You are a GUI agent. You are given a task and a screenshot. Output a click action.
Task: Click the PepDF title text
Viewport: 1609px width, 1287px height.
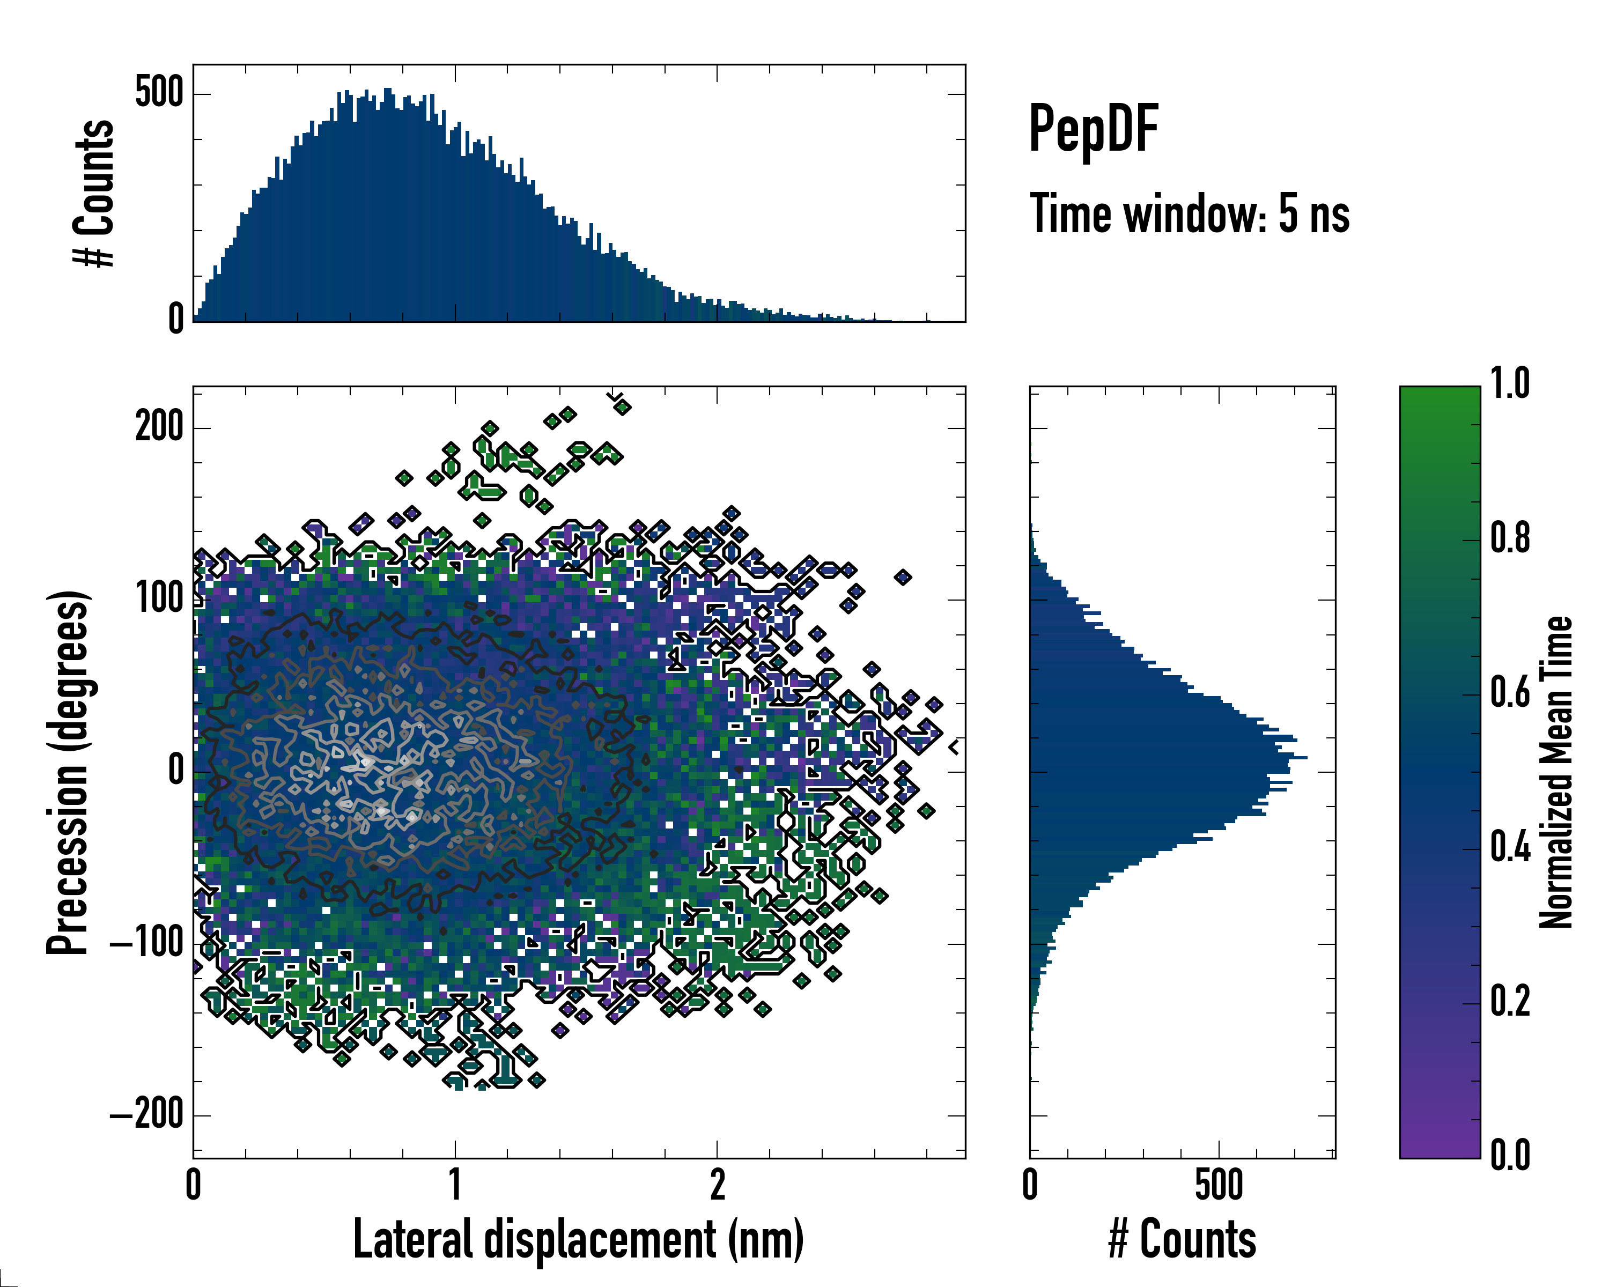point(1093,128)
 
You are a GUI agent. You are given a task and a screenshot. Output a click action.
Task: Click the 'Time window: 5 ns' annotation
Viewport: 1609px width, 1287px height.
point(1189,214)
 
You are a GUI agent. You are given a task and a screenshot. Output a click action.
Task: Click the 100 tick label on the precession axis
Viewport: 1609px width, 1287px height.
point(159,598)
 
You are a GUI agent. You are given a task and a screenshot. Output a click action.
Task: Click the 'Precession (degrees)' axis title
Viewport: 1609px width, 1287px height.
point(68,772)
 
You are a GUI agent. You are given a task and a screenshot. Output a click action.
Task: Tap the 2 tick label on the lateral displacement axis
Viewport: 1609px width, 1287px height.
point(717,1185)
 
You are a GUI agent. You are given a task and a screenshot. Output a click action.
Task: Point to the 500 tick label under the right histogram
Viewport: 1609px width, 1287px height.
point(1219,1185)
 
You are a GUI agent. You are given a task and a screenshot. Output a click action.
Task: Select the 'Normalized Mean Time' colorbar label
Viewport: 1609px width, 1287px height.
point(1556,772)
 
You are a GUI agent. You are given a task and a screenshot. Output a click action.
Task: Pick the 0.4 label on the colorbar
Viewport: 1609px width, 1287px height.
point(1510,848)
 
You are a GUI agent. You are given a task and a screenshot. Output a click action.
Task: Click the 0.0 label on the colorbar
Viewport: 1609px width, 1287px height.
point(1510,1155)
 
